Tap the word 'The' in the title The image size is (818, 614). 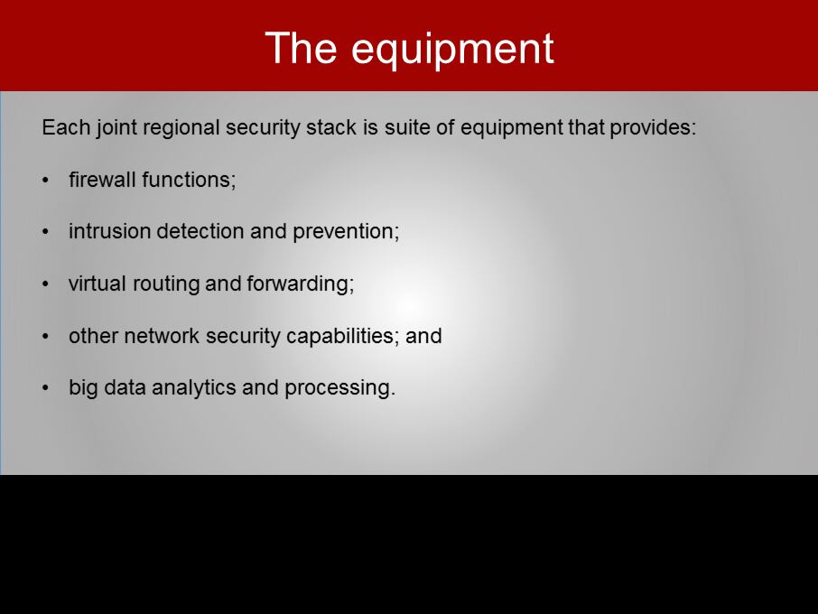pos(301,48)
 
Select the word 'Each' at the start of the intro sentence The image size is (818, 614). pos(66,127)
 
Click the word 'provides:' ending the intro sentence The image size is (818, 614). pos(653,128)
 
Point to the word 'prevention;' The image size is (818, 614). pos(346,232)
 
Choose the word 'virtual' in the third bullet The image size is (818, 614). pos(98,284)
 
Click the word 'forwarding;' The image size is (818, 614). pos(301,284)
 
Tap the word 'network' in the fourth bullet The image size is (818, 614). pos(162,336)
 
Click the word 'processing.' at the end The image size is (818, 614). pos(340,388)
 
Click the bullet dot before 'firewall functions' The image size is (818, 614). pos(46,181)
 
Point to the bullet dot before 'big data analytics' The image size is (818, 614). pos(46,388)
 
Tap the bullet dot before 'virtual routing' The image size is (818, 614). pos(46,284)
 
